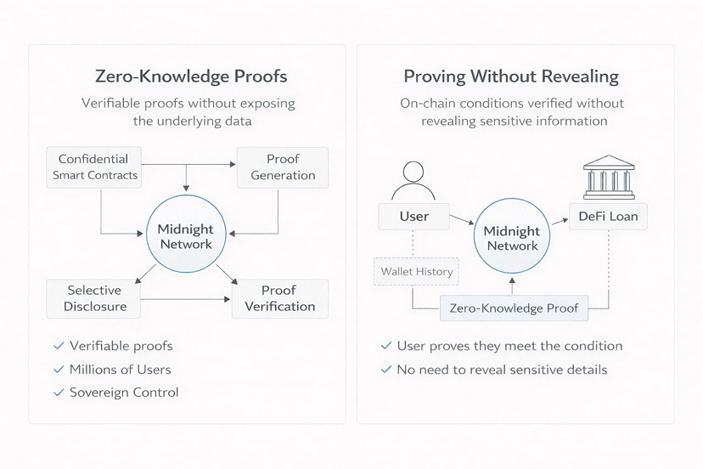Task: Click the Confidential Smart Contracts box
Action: [93, 167]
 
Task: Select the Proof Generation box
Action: [283, 167]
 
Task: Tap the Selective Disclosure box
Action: [94, 298]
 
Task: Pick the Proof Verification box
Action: [279, 298]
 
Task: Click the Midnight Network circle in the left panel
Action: [185, 237]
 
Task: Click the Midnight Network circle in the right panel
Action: [511, 238]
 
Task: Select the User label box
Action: [413, 217]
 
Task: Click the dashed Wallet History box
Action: [416, 272]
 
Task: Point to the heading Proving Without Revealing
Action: [511, 76]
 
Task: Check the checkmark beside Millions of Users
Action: [59, 370]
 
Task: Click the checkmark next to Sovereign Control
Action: [59, 393]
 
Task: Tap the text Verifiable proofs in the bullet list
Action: [121, 346]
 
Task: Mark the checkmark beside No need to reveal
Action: [385, 370]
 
